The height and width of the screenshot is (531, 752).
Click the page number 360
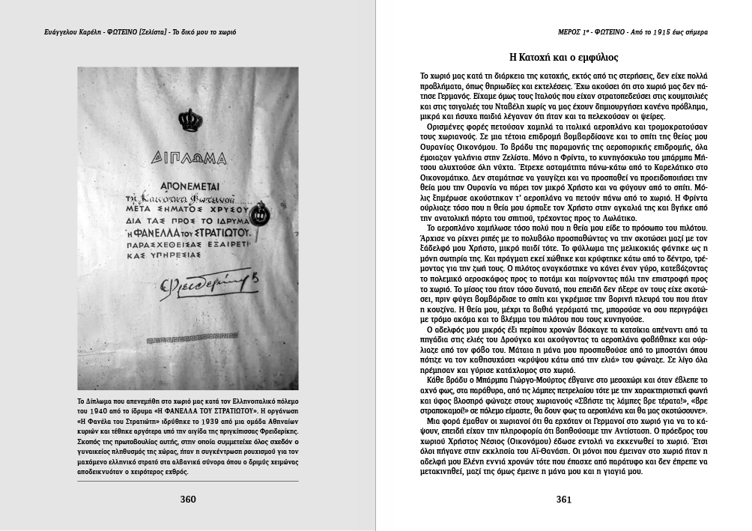[187, 500]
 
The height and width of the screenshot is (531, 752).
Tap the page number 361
[564, 500]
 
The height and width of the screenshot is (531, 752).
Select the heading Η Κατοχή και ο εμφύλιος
[563, 57]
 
